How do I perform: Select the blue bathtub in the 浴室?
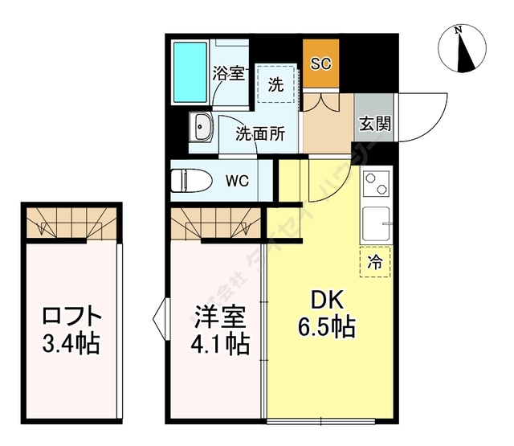pos(191,71)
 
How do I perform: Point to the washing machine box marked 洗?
pos(275,84)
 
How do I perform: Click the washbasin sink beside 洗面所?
pos(201,127)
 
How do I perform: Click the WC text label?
pos(236,181)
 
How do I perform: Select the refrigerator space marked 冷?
pos(375,261)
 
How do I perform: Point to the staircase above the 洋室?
pos(215,221)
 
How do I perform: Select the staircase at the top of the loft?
pos(71,221)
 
